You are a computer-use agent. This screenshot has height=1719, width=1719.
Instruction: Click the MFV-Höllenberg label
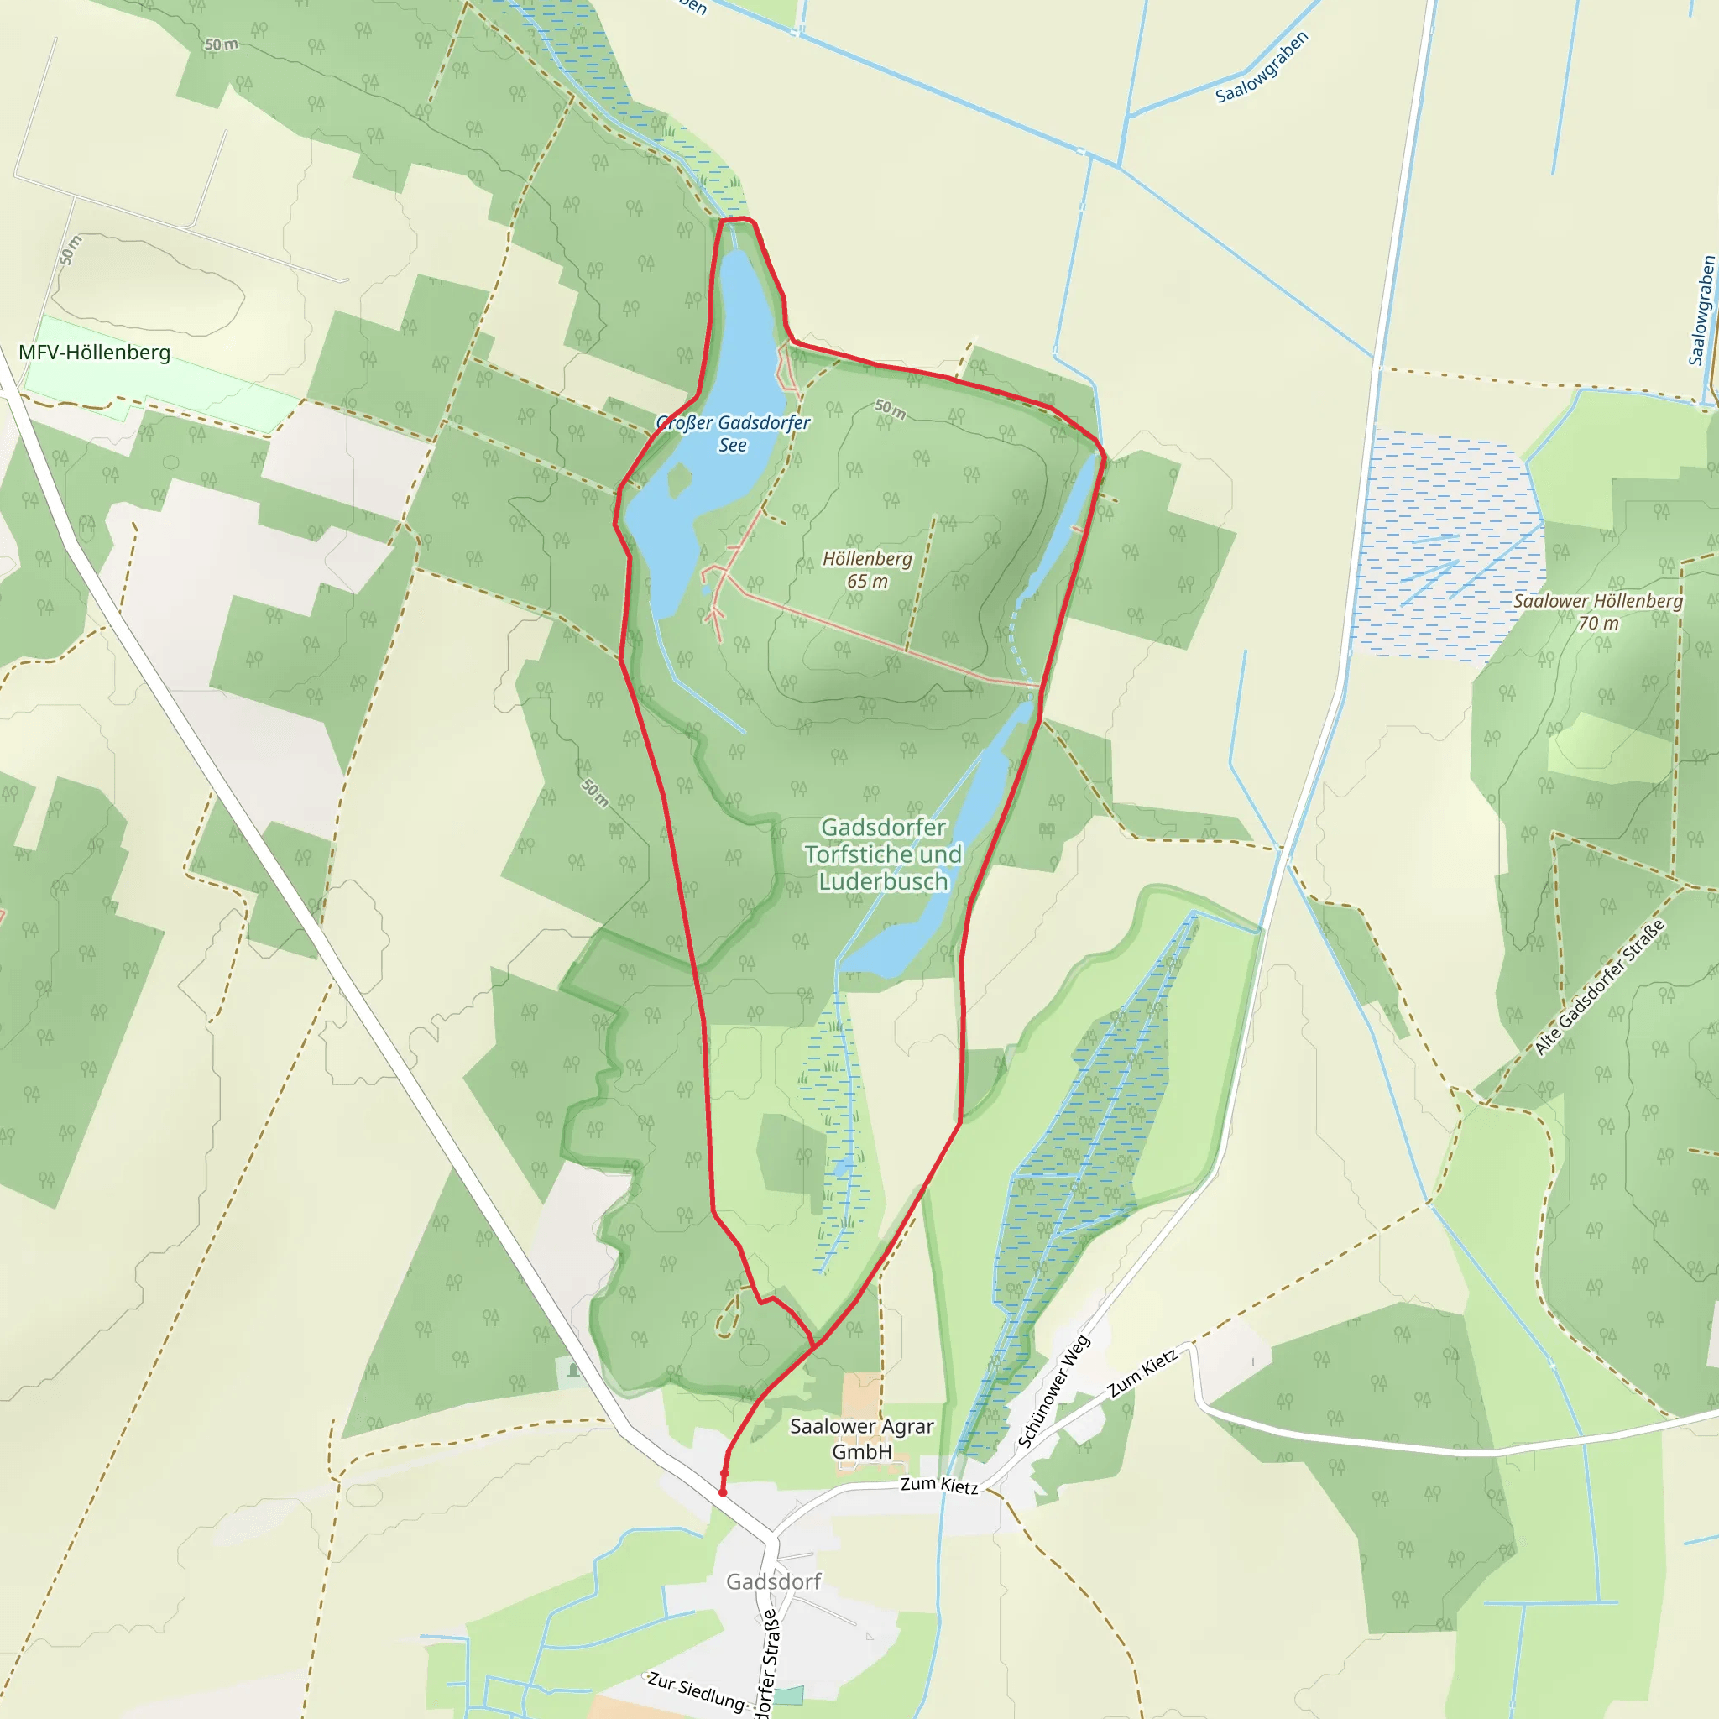[94, 353]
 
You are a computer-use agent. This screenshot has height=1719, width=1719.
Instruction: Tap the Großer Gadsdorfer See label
[733, 433]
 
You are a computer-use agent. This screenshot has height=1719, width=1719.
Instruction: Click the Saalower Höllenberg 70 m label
[1598, 612]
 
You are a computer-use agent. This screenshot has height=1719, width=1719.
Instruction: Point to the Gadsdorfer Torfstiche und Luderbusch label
[883, 854]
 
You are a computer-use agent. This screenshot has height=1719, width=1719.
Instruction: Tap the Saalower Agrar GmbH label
[861, 1439]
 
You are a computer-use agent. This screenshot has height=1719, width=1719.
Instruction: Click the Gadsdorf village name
[773, 1582]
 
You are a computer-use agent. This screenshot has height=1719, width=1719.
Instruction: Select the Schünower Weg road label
[1053, 1392]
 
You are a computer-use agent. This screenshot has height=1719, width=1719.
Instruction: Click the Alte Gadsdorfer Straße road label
[1599, 989]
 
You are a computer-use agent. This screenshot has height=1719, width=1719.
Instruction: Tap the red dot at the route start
[723, 1492]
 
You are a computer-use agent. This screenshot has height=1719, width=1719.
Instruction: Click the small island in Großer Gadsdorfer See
[679, 480]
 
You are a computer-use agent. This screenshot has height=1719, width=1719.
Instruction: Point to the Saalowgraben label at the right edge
[1701, 311]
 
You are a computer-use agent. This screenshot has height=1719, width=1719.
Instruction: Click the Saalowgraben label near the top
[1262, 68]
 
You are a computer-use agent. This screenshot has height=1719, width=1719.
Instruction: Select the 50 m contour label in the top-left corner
[222, 44]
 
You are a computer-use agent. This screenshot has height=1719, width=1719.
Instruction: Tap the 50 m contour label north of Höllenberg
[890, 410]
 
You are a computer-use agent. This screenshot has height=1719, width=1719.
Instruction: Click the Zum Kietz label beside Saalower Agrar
[938, 1485]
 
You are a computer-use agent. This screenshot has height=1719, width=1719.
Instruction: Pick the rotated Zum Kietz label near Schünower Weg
[1142, 1373]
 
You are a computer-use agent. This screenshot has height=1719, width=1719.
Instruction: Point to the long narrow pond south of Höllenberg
[943, 854]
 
